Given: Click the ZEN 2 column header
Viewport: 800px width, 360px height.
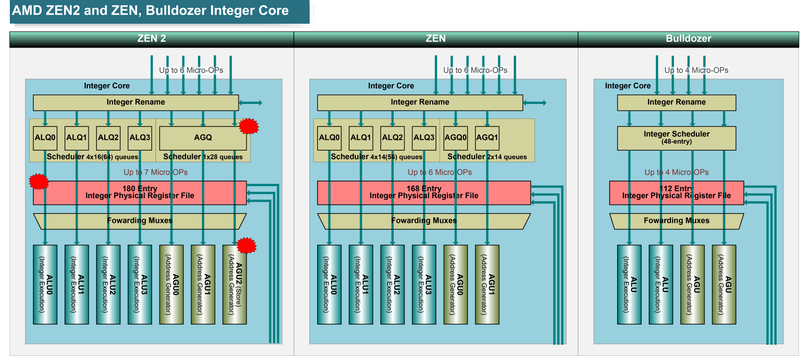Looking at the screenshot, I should pyautogui.click(x=151, y=39).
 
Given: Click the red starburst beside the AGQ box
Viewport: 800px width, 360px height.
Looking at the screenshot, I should pyautogui.click(x=249, y=127).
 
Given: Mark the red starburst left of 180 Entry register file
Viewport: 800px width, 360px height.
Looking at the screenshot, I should pyautogui.click(x=38, y=182).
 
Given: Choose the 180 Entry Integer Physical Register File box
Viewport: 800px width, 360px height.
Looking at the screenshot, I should pyautogui.click(x=139, y=192).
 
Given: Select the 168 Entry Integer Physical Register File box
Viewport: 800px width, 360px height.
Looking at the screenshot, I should pyautogui.click(x=422, y=192).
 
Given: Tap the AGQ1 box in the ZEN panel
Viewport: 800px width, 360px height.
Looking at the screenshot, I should pyautogui.click(x=487, y=137).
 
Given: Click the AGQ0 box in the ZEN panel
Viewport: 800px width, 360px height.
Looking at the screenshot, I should pyautogui.click(x=456, y=137).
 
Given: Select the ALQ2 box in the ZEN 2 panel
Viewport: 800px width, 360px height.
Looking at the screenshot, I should pyautogui.click(x=108, y=137).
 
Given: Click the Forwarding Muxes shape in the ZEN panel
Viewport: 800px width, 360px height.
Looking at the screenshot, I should pyautogui.click(x=422, y=220).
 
